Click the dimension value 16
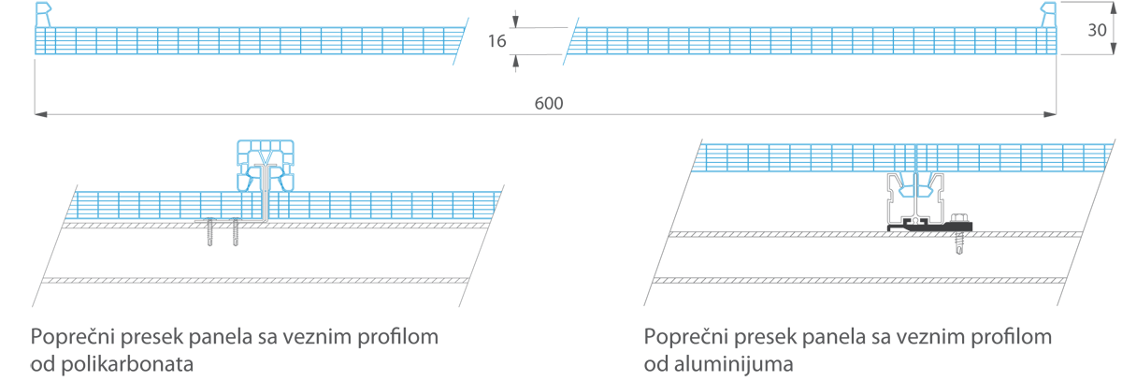[x=496, y=41]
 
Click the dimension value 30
[x=1097, y=30]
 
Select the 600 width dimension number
[x=549, y=103]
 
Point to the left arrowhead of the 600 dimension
[x=40, y=114]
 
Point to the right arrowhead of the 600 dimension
[x=1050, y=114]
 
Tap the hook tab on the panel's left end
[x=43, y=15]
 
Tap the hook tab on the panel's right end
[x=1048, y=15]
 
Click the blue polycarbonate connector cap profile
[x=266, y=166]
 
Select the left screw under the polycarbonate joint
[x=209, y=231]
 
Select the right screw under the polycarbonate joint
[x=235, y=231]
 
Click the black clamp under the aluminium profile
[x=929, y=227]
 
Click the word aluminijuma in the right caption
[x=733, y=364]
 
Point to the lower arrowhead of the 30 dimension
[x=1114, y=48]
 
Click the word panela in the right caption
[x=834, y=337]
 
